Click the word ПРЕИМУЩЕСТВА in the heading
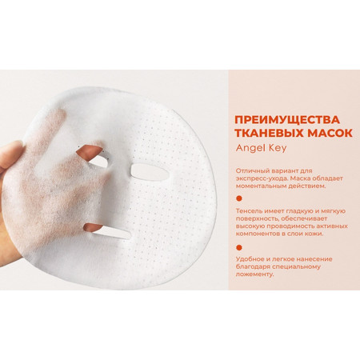[x=287, y=120]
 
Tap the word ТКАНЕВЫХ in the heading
[x=269, y=133]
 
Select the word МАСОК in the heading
[x=330, y=133]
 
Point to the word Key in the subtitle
[x=278, y=148]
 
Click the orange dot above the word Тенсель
[x=239, y=198]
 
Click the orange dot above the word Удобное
[x=239, y=248]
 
